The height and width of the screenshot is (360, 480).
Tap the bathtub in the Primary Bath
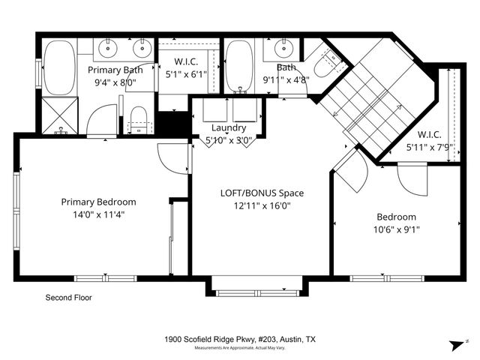click(x=58, y=67)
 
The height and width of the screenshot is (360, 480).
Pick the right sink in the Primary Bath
click(x=141, y=49)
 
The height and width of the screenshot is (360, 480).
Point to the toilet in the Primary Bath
click(x=137, y=118)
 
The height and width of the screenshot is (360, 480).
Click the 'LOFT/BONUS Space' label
click(x=261, y=193)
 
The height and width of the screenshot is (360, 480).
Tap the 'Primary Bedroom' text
click(x=98, y=201)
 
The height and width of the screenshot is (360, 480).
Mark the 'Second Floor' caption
click(x=69, y=298)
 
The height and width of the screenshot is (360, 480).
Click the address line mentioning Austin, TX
click(x=240, y=340)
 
